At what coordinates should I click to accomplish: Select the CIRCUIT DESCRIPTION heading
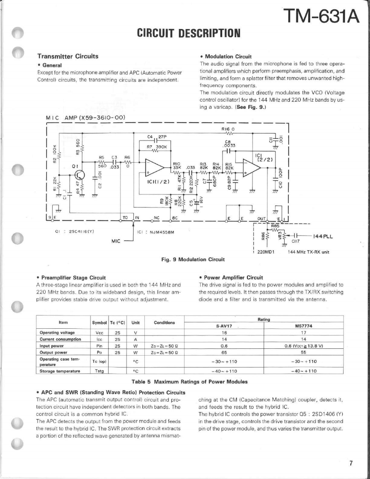pyautogui.click(x=188, y=33)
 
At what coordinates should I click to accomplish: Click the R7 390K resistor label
pyautogui.click(x=156, y=146)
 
